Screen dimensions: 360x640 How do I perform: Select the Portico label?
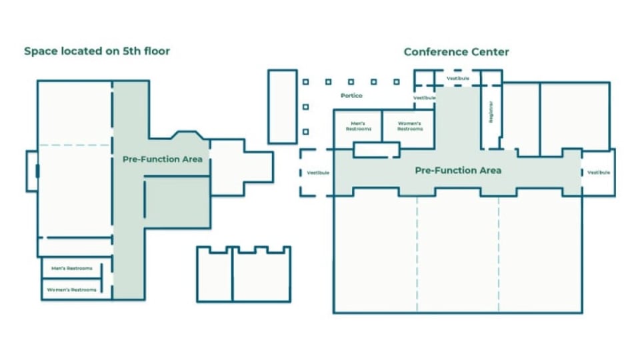(x=351, y=96)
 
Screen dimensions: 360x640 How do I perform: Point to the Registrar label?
(x=491, y=112)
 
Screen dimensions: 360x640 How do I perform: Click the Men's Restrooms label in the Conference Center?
(x=357, y=126)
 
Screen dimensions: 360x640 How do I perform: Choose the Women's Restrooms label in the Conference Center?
(x=410, y=126)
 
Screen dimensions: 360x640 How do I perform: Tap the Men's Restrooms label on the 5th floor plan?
(x=71, y=269)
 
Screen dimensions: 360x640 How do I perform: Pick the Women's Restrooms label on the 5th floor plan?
(x=74, y=290)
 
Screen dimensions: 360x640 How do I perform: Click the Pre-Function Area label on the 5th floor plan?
(x=162, y=159)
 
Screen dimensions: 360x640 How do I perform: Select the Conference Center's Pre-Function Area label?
(x=458, y=171)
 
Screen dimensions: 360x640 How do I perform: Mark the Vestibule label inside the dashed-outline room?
(x=318, y=173)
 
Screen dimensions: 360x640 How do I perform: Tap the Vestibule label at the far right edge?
(x=599, y=173)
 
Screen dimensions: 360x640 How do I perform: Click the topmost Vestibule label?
(x=458, y=79)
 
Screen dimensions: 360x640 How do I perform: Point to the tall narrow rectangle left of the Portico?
(x=282, y=106)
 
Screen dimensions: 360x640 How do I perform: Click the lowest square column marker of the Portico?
(x=306, y=132)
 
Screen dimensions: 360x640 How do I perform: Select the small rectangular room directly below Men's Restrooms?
(x=376, y=150)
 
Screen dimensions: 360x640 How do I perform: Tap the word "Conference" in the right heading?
(x=435, y=51)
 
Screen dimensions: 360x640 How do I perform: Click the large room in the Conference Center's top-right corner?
(x=574, y=117)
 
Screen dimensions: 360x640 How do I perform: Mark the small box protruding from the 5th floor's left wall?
(x=31, y=171)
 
